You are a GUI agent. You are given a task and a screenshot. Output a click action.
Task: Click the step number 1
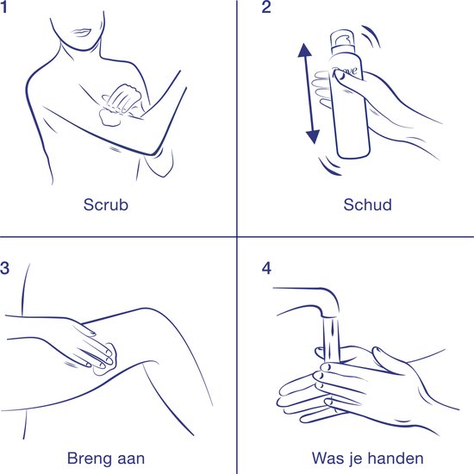(x=3, y=7)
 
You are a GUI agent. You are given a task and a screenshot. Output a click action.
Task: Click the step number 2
(x=266, y=7)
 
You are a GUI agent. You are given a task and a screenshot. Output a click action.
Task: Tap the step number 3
(x=4, y=268)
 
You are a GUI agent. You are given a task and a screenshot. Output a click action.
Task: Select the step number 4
(x=266, y=268)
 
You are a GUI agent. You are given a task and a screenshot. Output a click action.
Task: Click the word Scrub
(x=106, y=204)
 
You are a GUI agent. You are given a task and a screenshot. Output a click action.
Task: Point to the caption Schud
(x=368, y=204)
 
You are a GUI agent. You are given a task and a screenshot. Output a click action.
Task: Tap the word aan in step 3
(x=131, y=460)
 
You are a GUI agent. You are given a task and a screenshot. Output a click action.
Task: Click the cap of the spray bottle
(x=343, y=39)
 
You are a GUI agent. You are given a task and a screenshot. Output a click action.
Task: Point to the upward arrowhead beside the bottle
(x=304, y=50)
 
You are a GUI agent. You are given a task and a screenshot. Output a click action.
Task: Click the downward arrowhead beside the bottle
(x=313, y=137)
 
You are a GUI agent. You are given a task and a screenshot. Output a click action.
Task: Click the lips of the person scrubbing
(x=80, y=33)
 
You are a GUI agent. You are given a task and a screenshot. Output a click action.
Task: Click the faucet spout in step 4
(x=311, y=302)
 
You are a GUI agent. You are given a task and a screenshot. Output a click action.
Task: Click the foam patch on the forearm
(x=109, y=117)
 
